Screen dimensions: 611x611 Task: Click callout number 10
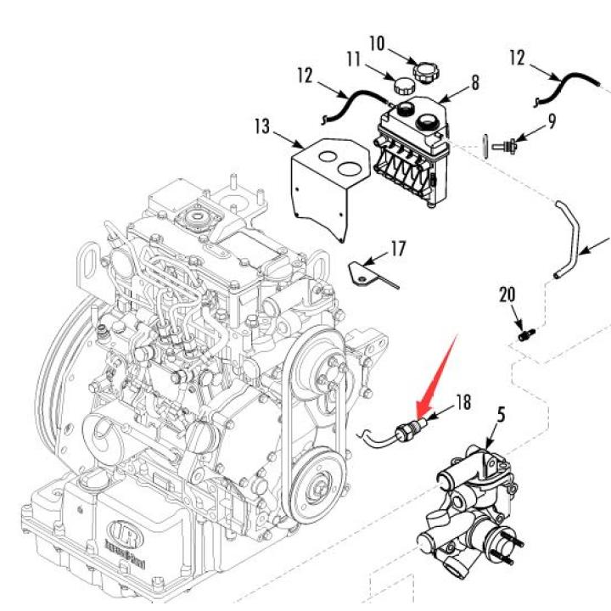click(377, 42)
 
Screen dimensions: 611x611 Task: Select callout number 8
click(474, 82)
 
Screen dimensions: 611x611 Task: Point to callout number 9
click(552, 121)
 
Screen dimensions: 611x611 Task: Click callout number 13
click(261, 127)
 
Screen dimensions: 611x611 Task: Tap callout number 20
click(507, 295)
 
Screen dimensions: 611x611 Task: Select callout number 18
click(462, 400)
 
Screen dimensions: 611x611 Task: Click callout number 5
click(501, 416)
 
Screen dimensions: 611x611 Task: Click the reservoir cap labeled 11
click(403, 85)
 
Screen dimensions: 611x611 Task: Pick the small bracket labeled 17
click(370, 273)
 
